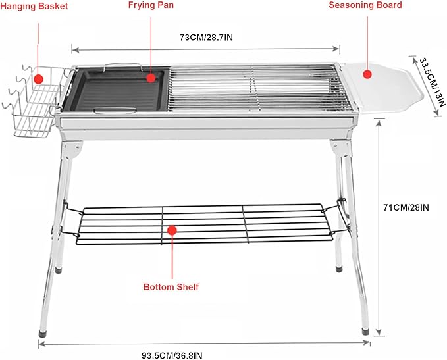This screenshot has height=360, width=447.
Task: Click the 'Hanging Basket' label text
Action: pyautogui.click(x=34, y=6)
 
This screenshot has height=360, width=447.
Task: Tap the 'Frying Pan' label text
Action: pyautogui.click(x=151, y=5)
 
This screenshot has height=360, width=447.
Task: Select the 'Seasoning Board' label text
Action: pyautogui.click(x=365, y=5)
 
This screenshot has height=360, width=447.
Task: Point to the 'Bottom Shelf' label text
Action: pyautogui.click(x=171, y=287)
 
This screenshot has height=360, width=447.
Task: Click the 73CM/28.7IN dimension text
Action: pyautogui.click(x=206, y=38)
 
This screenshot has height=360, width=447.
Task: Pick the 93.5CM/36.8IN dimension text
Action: pyautogui.click(x=172, y=355)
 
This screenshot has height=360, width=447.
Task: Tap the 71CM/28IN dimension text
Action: pyautogui.click(x=406, y=207)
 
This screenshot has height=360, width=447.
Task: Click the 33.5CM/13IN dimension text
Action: pyautogui.click(x=432, y=82)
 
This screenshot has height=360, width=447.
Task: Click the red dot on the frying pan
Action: pyautogui.click(x=151, y=78)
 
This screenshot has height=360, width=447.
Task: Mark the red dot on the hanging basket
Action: pyautogui.click(x=38, y=79)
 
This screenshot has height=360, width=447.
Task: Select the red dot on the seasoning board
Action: pyautogui.click(x=367, y=74)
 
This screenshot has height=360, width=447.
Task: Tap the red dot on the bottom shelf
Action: pyautogui.click(x=172, y=230)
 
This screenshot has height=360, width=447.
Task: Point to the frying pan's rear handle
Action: pyautogui.click(x=123, y=64)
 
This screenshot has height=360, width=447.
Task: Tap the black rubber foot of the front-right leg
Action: pyautogui.click(x=365, y=332)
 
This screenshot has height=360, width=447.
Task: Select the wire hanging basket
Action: pyautogui.click(x=34, y=101)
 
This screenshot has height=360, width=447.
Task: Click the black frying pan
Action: pyautogui.click(x=115, y=90)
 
